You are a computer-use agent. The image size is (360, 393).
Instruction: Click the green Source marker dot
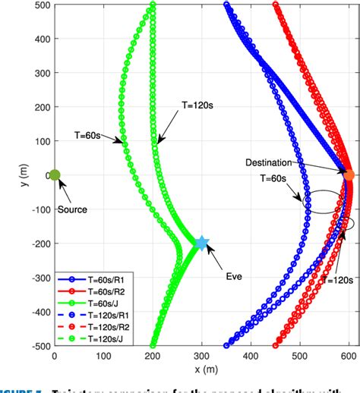55,175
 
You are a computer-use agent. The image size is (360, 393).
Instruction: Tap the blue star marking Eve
202,244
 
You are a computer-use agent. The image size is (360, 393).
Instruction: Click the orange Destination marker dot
349,175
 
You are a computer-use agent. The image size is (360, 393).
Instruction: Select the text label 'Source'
72,209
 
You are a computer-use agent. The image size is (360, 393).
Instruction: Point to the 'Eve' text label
233,277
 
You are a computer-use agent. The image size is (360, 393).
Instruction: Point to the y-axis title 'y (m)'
8,175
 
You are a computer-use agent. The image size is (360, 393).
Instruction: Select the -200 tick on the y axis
36,244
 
